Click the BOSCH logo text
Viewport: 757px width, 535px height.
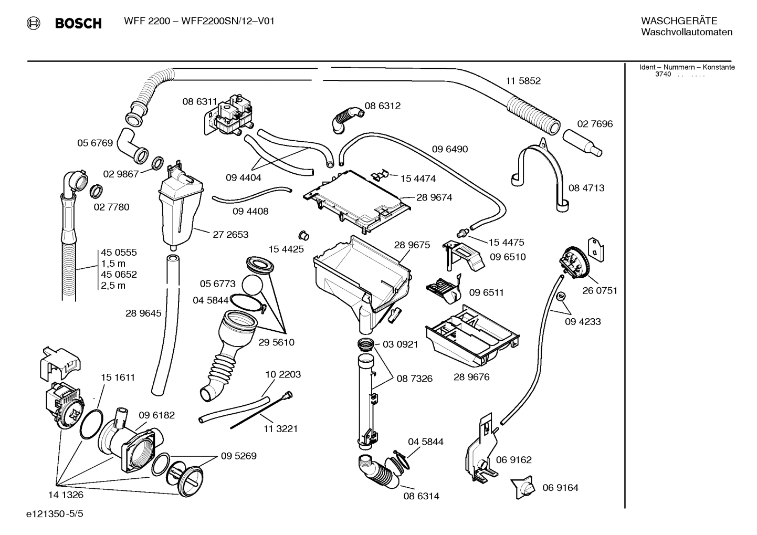78,23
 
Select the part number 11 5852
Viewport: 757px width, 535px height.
523,81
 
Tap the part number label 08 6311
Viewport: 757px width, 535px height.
199,102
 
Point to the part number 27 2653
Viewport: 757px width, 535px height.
230,235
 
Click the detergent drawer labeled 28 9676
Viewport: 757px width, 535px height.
472,335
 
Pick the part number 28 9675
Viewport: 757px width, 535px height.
412,245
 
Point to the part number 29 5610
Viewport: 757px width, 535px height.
276,342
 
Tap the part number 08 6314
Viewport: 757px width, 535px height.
421,496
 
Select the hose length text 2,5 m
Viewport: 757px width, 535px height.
113,286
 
